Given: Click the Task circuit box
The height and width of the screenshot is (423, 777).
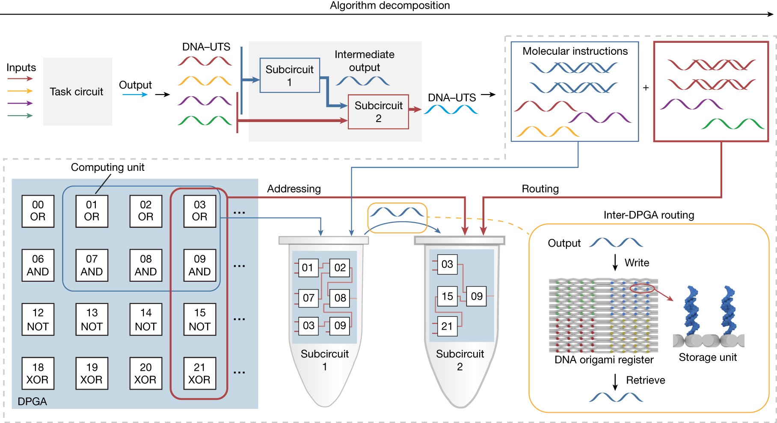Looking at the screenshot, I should pos(77,92).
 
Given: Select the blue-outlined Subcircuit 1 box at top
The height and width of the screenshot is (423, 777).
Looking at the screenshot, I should pos(290,75).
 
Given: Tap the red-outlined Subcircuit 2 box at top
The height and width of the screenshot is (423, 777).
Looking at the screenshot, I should pos(378,112).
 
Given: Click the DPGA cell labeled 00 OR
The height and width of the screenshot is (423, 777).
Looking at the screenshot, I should pos(38,211).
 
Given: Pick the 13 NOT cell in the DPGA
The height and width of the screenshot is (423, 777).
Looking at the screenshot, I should pos(92,319).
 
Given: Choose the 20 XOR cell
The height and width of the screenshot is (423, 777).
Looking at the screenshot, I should pos(145,373).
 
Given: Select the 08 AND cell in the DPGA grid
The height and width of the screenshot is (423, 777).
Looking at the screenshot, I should pos(145,265).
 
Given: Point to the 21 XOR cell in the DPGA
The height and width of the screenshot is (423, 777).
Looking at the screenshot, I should pos(199,373).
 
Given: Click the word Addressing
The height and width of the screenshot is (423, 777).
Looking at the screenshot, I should pos(294,189).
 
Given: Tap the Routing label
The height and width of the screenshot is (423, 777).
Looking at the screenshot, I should pos(540,189).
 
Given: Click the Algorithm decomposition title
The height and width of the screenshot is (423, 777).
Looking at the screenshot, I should pos(389,6).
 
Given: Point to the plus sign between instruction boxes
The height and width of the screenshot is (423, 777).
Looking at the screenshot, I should pos(646,88).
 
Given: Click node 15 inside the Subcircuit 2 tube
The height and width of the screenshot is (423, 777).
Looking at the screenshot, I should pos(447,296).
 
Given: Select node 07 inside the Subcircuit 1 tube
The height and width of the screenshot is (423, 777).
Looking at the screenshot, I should pos(308,298).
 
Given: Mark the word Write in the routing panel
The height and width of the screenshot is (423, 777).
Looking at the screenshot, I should pos(637,263).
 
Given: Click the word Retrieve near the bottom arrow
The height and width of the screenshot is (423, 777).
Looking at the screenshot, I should pos(645,380).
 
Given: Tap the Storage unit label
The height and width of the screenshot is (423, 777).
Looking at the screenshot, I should pos(708,357).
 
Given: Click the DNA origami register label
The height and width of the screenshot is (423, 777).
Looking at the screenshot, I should pos(604,360).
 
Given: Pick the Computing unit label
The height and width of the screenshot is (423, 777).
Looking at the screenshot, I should pos(107,167).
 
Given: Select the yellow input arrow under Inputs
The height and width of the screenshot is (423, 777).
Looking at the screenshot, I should pos(20,91).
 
